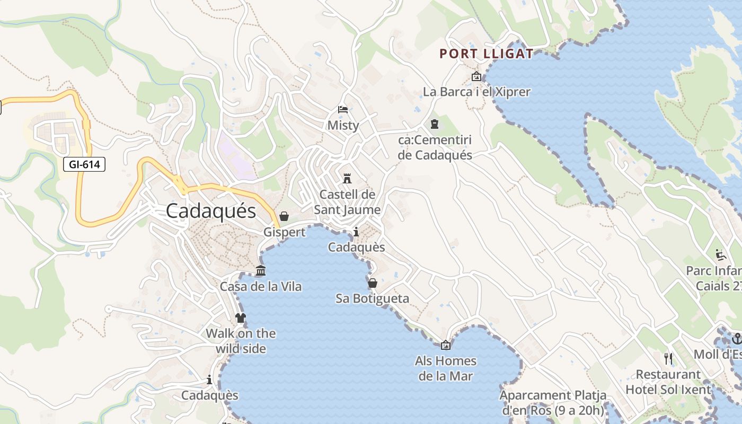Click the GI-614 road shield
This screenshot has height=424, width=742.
pos(84,164)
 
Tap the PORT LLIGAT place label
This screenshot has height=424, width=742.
pos(487,54)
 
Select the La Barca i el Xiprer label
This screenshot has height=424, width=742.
pos(476,92)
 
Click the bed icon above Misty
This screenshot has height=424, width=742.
pos(343,110)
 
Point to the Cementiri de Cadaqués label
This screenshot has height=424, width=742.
pos(435,148)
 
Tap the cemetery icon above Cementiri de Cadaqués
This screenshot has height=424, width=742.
pos(435,125)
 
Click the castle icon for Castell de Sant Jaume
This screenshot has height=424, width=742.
pos(347,178)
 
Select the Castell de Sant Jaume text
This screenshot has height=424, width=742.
pos(347,202)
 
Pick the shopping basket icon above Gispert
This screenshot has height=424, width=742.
pos(284,216)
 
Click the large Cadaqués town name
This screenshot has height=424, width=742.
pos(211,211)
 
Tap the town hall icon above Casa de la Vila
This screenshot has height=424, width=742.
pos(261,271)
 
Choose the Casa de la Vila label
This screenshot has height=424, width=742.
pos(261,287)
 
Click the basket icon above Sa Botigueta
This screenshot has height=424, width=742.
pos(373,283)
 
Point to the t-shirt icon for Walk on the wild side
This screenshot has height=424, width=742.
pos(241,318)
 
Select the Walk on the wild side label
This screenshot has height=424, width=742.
pos(241,341)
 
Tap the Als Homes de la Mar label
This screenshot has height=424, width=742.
pos(446,368)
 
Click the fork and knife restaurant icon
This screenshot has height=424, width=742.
pos(668,359)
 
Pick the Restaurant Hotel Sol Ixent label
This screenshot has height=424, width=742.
pos(668,382)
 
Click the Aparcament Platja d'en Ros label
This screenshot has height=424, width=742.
pos(553,403)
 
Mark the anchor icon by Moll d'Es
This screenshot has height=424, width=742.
pos(736,338)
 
